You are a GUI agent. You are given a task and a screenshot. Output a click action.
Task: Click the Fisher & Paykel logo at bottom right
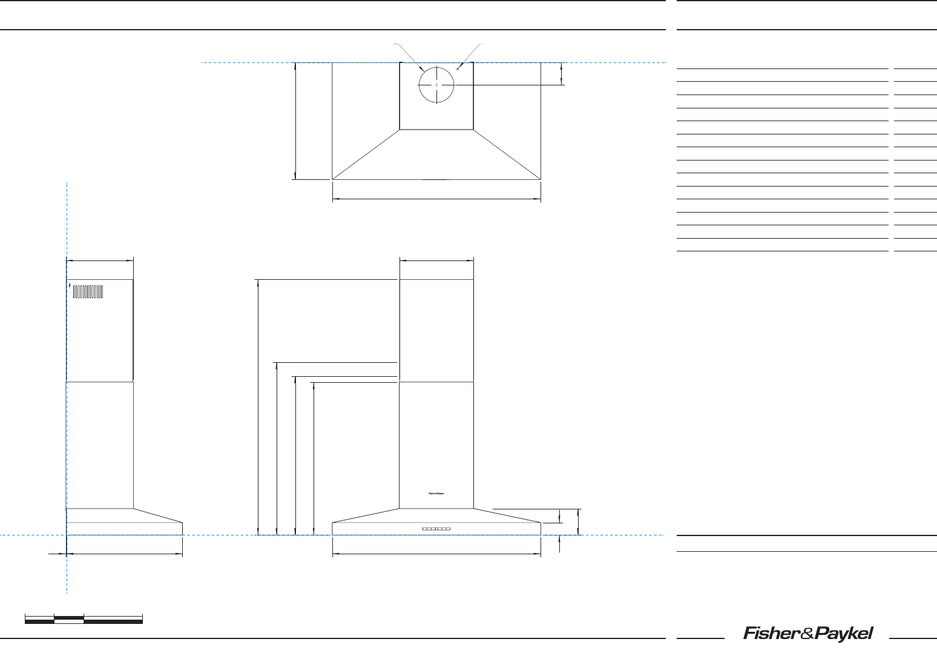pos(807,634)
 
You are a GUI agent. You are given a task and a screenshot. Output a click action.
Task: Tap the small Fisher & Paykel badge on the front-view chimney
pos(436,494)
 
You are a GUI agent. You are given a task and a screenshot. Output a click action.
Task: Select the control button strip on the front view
pos(436,529)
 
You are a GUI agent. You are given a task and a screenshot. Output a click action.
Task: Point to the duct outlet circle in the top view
pos(436,85)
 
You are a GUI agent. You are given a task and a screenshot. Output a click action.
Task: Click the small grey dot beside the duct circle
pos(458,69)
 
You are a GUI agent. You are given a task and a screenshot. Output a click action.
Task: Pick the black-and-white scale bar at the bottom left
pos(84,619)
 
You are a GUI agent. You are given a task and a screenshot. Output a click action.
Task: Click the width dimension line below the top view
pos(436,199)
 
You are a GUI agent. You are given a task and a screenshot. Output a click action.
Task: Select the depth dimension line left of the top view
pos(295,121)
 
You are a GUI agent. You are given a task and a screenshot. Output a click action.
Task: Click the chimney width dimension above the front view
pos(436,260)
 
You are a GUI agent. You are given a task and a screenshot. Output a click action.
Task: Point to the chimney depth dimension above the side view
pos(99,260)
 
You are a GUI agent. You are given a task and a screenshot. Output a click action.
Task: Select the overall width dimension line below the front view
pos(436,554)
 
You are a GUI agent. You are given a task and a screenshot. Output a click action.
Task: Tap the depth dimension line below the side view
pos(124,554)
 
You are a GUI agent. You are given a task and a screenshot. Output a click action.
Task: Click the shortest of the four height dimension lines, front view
pos(314,459)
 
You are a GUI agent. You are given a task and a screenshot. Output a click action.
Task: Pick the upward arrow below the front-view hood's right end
pos(560,543)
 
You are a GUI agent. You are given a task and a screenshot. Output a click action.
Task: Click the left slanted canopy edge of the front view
pos(366,515)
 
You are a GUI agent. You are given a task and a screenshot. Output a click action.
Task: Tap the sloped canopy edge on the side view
pos(158,515)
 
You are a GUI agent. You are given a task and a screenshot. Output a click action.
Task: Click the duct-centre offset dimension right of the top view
pos(562,74)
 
